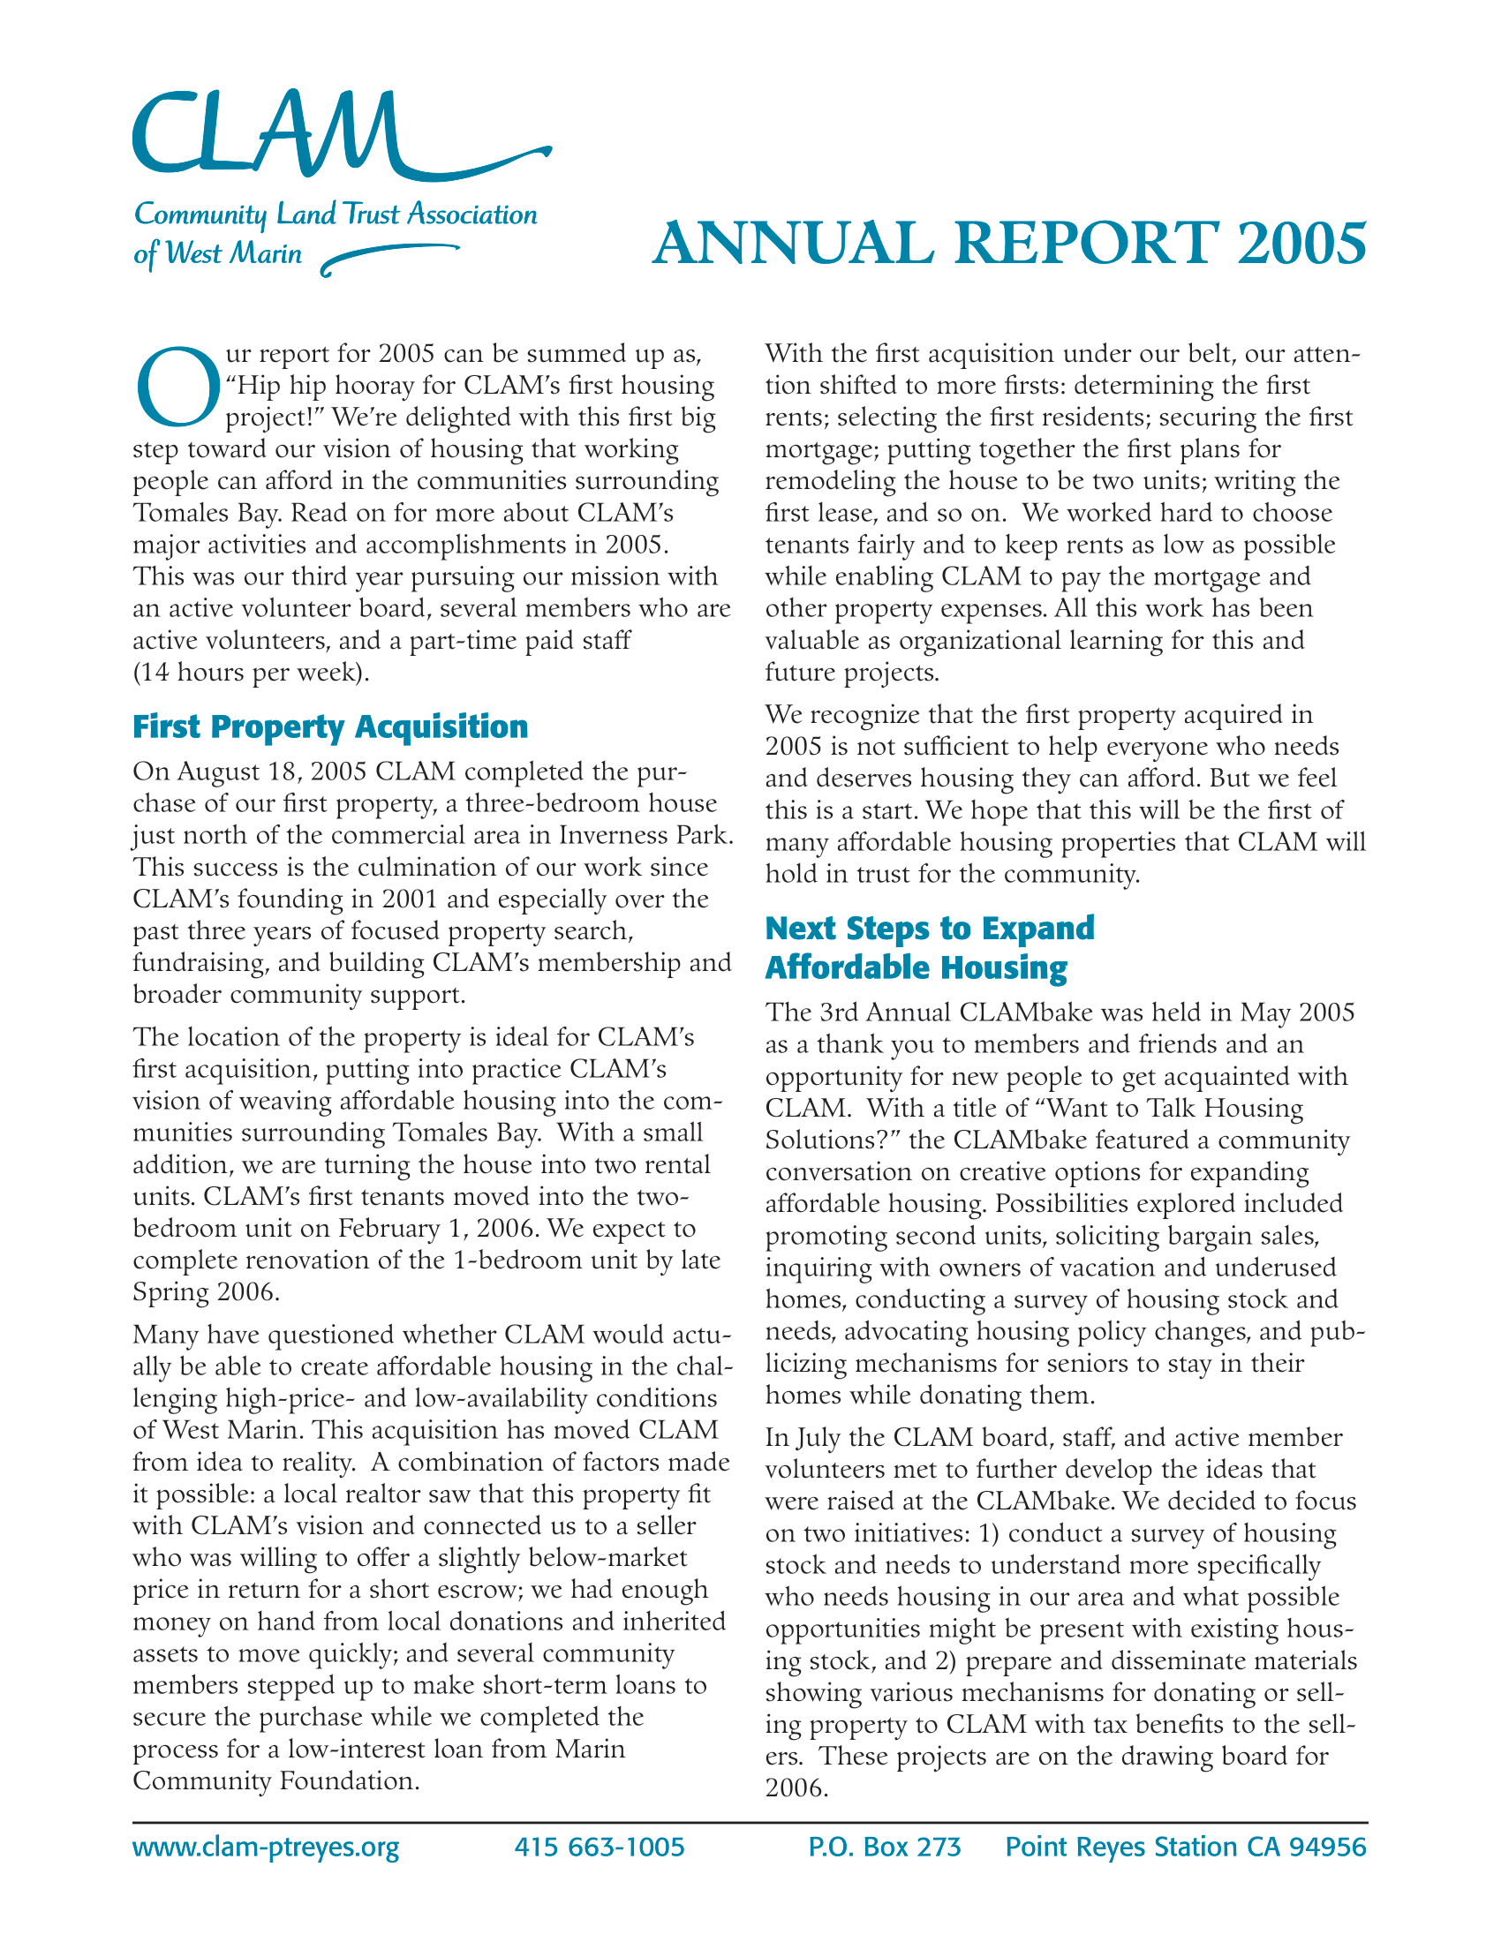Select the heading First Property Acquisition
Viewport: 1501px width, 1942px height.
330,726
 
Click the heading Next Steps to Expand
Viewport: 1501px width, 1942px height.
929,928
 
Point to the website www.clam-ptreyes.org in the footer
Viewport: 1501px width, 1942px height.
266,1848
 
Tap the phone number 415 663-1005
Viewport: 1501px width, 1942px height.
599,1848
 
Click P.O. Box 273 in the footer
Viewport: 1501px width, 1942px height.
884,1848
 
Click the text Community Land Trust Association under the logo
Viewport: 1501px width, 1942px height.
336,215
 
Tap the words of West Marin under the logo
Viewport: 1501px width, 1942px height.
217,254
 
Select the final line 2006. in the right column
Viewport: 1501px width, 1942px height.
796,1788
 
